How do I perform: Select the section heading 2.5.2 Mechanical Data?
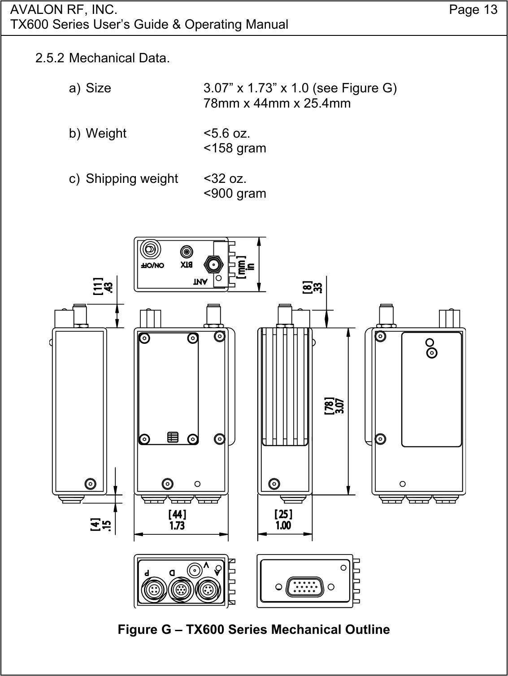tap(103, 58)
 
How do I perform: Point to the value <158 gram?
tap(235, 148)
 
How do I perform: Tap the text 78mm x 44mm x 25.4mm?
tap(277, 103)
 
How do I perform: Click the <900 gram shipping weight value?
tap(235, 193)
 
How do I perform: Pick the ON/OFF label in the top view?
tap(153, 265)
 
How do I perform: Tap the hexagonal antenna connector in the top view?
tap(213, 264)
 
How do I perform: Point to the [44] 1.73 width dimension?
tap(177, 519)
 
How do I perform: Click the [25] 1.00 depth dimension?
tap(283, 519)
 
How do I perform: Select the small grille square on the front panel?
tap(173, 438)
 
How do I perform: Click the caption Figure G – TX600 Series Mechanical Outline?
tap(254, 629)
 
